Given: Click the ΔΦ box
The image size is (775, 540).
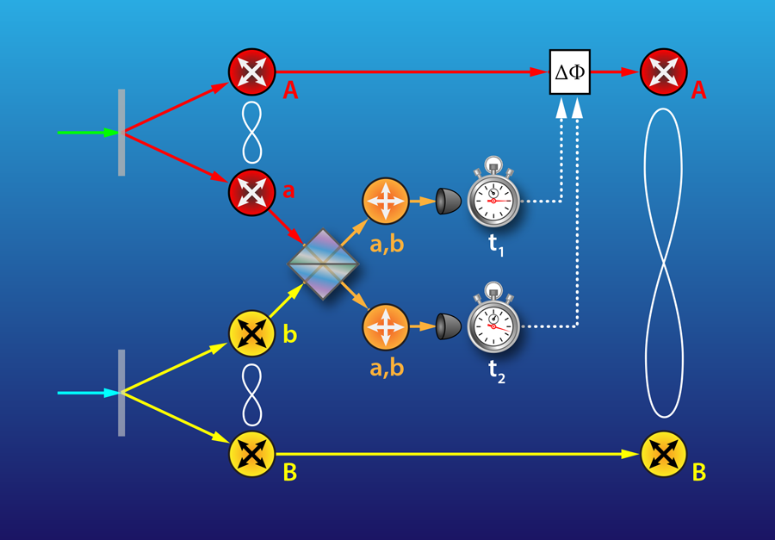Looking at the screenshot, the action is pyautogui.click(x=570, y=71).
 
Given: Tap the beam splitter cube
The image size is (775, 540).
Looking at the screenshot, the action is pyautogui.click(x=323, y=264).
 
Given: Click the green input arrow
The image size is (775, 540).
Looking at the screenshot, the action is pyautogui.click(x=88, y=133).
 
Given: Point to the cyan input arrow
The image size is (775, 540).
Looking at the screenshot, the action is pyautogui.click(x=88, y=393).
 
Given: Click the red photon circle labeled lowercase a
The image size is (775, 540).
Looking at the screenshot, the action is pyautogui.click(x=251, y=192).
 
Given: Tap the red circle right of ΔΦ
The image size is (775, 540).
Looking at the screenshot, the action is pyautogui.click(x=663, y=71).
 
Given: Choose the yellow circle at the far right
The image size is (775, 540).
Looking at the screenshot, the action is pyautogui.click(x=663, y=455).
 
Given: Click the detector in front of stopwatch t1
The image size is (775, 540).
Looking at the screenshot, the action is pyautogui.click(x=448, y=202).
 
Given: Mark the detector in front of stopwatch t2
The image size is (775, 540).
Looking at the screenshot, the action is pyautogui.click(x=448, y=326).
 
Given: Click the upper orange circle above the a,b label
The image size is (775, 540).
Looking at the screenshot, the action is pyautogui.click(x=386, y=202).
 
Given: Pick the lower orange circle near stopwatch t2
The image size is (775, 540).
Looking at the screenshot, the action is pyautogui.click(x=386, y=327).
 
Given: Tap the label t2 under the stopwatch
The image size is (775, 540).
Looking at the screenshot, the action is pyautogui.click(x=496, y=371).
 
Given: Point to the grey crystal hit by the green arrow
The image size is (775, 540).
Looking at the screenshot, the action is pyautogui.click(x=121, y=133).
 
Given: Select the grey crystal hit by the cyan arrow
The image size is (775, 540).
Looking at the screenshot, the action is pyautogui.click(x=121, y=393).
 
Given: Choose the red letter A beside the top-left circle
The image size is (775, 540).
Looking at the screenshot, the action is pyautogui.click(x=290, y=90).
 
